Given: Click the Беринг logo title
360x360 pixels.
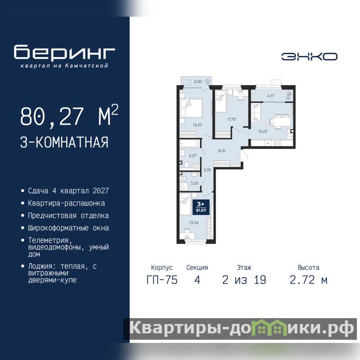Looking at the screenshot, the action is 64,52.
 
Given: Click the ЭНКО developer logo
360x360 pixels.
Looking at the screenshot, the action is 309,57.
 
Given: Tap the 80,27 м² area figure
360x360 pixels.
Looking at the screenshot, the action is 69,116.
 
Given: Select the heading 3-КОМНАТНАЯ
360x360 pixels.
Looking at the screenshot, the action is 64,142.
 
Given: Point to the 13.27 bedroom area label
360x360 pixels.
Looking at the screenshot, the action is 197,125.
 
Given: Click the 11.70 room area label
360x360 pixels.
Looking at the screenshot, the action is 232,119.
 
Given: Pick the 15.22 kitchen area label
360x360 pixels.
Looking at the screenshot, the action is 263,131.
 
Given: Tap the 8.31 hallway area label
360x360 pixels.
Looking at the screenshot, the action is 222,151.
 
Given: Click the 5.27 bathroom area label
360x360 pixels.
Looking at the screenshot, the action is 193,155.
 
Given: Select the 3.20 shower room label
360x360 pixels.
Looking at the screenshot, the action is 194,183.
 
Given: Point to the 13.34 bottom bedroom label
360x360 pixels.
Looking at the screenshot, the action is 194,222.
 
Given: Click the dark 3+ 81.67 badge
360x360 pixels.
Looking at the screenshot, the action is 201,207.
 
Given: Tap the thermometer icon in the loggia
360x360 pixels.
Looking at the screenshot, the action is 289,95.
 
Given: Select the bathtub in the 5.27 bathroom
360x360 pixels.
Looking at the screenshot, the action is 189,144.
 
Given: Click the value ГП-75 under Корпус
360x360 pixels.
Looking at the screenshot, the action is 162,280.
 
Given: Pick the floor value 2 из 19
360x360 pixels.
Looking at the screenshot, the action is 244,280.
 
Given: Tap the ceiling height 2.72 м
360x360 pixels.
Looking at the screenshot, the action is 308,280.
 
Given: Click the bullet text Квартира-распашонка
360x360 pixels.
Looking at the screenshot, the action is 66,203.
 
